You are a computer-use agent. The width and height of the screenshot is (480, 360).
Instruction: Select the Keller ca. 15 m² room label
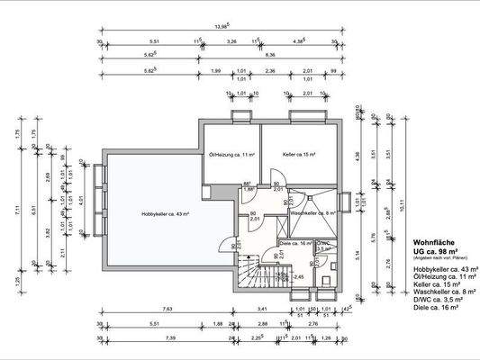298,155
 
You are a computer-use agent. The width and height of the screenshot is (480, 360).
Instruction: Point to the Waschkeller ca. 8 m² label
312,213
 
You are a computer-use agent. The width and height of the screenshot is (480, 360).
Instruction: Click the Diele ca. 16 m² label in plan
295,243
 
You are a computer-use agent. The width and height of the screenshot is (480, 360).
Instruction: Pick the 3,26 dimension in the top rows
231,41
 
